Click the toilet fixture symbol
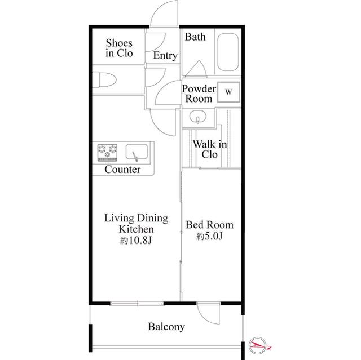tap(104, 79)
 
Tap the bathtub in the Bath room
tap(228, 52)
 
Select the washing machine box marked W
tap(228, 92)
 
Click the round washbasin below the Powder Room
tap(197, 117)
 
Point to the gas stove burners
tap(107, 153)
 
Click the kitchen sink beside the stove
tap(137, 152)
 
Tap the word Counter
tap(122, 170)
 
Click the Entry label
tap(165, 55)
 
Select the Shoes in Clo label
tap(119, 48)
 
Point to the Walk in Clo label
tap(210, 149)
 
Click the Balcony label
tap(166, 327)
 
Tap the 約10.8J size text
tap(136, 241)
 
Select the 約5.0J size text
tap(209, 236)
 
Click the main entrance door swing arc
tap(156, 9)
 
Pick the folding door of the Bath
tap(196, 68)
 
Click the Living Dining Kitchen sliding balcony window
tap(137, 304)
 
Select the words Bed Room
tap(209, 225)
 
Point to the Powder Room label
tap(199, 94)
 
